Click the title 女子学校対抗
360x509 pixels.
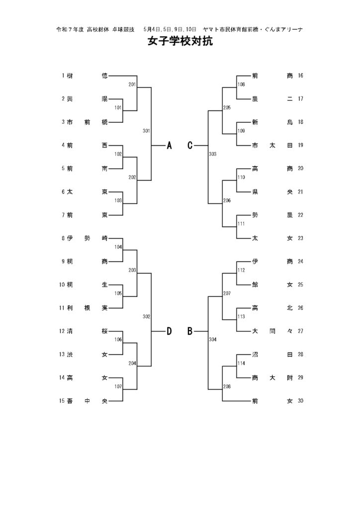point(180,42)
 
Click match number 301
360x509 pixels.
point(146,131)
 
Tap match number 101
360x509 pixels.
point(118,107)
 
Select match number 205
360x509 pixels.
point(227,107)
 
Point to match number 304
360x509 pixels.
point(213,339)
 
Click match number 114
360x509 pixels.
point(241,363)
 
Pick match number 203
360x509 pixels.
point(132,270)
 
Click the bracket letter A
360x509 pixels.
point(169,146)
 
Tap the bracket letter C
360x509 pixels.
point(190,146)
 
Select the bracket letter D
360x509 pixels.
point(169,332)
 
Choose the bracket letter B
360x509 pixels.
point(190,332)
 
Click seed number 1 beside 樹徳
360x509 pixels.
point(63,76)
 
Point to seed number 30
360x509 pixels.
point(300,401)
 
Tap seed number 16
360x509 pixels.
point(300,76)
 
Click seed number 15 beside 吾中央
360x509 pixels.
point(62,401)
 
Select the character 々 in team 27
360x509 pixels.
point(290,331)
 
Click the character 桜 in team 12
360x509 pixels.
point(104,331)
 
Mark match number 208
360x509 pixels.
point(227,386)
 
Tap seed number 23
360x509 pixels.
point(300,238)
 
